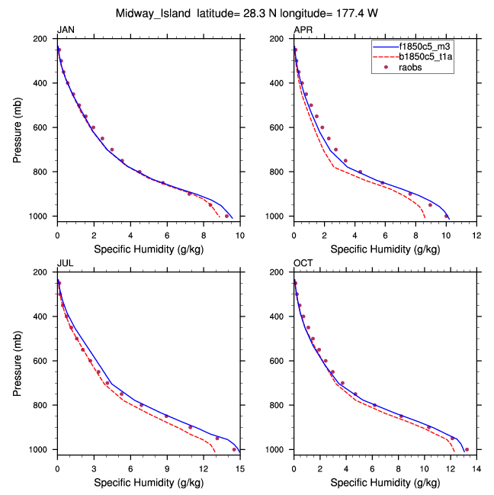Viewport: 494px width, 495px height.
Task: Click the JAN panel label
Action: coord(66,30)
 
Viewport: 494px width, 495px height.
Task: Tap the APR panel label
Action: coord(303,30)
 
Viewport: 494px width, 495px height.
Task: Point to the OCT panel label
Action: coord(303,263)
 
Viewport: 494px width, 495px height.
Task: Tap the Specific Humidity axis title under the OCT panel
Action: coord(386,482)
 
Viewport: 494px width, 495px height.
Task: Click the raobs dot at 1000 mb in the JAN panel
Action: coord(226,216)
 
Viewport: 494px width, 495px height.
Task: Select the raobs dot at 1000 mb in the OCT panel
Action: coord(467,450)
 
